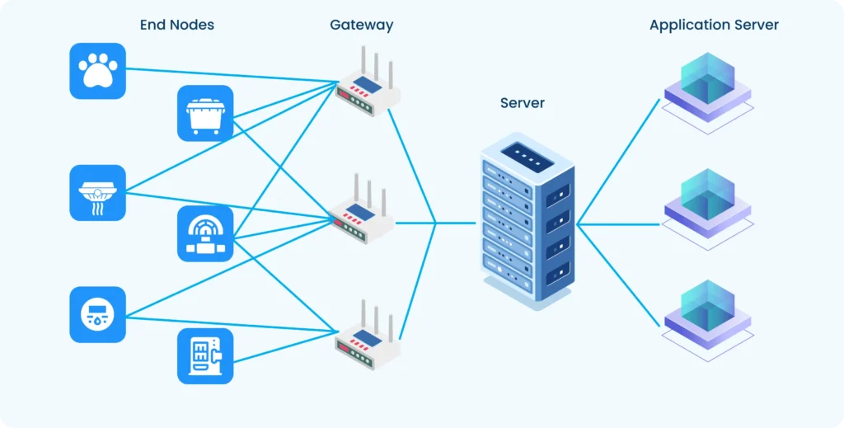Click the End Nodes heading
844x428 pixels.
coord(176,25)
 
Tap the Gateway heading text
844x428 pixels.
coord(361,25)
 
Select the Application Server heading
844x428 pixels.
coord(714,25)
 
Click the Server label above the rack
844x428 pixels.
coord(522,103)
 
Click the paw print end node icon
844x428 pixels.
coord(97,71)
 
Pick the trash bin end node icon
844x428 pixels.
coord(205,113)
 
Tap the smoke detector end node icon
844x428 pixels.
coord(97,193)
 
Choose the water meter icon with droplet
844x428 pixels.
coord(97,314)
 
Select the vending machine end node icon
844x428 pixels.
coord(205,355)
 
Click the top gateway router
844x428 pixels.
coord(368,86)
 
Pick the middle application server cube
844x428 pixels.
coord(707,205)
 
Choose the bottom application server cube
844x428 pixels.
coord(707,317)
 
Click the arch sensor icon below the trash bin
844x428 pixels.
coord(205,234)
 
